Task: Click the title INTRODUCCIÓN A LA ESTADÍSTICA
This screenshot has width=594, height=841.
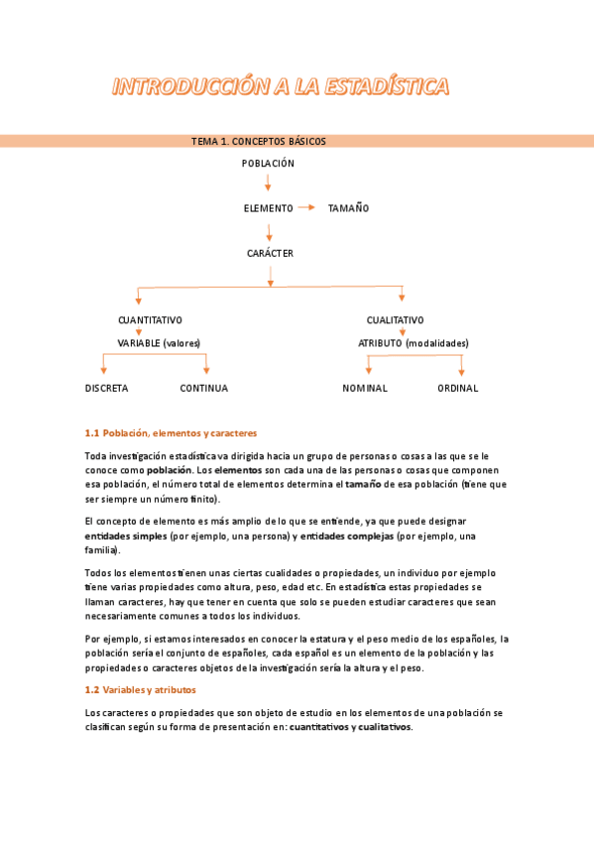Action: tap(281, 87)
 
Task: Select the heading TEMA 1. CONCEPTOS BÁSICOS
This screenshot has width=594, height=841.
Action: tap(258, 141)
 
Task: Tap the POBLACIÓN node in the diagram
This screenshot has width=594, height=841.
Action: tap(268, 164)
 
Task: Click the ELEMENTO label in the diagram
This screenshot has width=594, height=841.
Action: tap(268, 208)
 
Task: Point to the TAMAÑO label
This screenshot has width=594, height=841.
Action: tap(348, 208)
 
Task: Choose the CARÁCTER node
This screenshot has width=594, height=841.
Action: tap(270, 253)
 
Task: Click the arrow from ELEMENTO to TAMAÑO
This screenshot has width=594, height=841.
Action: tap(306, 207)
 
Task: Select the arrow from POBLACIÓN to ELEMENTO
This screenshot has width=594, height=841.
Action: tap(268, 182)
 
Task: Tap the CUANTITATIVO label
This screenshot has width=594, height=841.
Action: tap(150, 320)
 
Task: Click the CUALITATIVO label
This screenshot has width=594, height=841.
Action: tap(395, 320)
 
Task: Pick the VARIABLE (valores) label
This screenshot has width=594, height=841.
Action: tap(159, 343)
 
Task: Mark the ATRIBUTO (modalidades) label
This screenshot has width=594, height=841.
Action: tap(414, 343)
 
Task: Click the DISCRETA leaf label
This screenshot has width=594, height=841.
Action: tap(106, 389)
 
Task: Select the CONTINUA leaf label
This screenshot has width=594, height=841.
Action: tap(203, 389)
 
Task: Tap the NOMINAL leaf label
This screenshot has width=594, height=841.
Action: tap(365, 389)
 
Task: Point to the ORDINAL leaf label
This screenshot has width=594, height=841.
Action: tap(457, 389)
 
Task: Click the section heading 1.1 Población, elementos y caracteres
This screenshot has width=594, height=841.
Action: tap(171, 433)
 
